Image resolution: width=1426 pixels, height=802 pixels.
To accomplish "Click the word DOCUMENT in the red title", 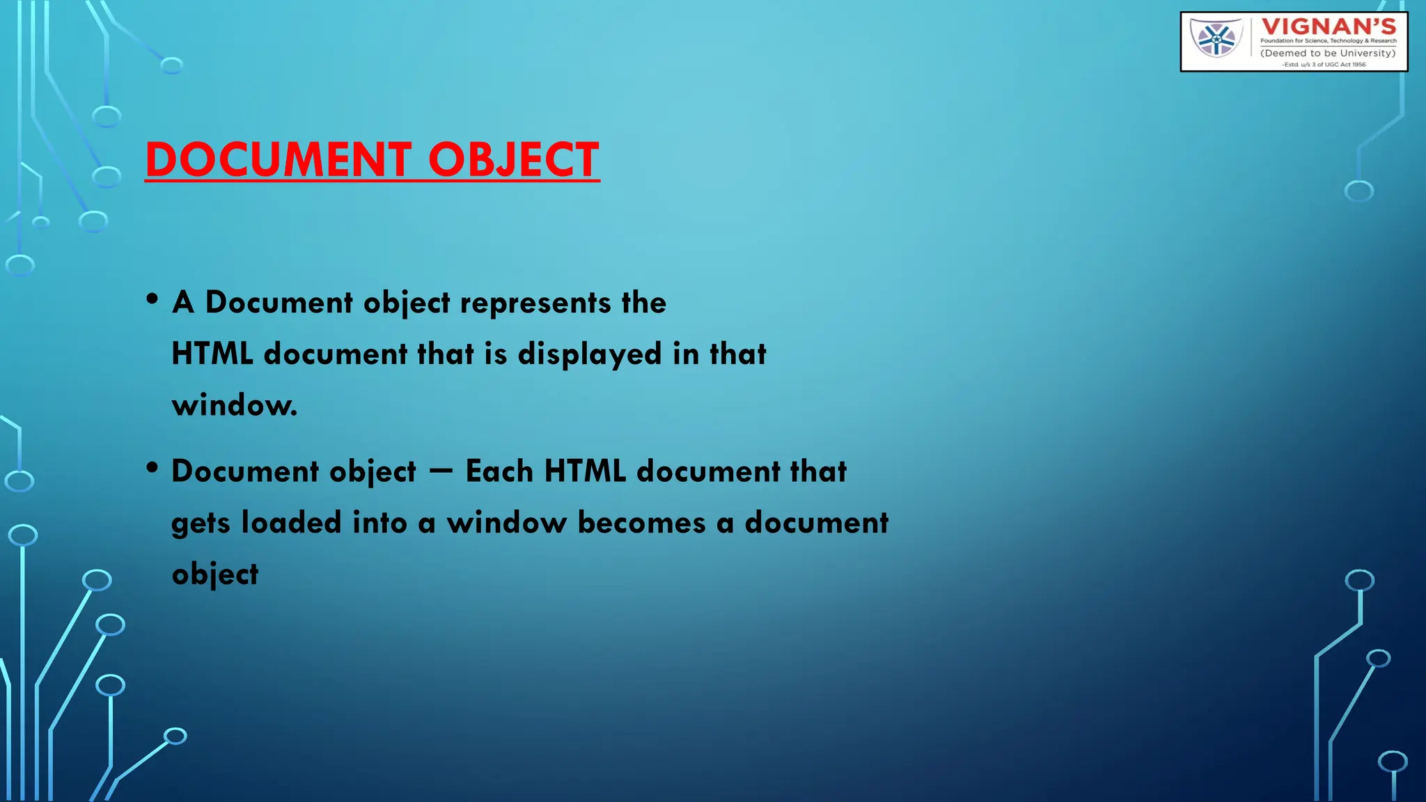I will click(278, 159).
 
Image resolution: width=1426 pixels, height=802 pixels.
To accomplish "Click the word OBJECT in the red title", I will click(513, 159).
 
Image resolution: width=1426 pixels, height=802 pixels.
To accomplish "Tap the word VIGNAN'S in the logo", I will click(1329, 27).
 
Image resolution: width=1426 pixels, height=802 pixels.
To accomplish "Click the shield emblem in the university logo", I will click(1216, 38).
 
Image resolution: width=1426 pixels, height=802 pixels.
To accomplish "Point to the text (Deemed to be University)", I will click(1328, 53).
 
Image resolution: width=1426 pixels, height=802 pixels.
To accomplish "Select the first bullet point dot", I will click(152, 299).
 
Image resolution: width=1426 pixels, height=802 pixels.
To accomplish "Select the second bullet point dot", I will click(152, 468).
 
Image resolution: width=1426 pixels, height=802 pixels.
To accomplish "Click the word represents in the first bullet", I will click(535, 303).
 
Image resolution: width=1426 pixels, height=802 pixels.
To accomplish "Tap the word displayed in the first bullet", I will click(589, 354).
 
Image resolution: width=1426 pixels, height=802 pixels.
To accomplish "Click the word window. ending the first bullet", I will click(235, 405).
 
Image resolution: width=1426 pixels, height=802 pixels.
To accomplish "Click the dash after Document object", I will click(441, 471).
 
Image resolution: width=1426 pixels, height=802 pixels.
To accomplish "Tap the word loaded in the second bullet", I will click(291, 523).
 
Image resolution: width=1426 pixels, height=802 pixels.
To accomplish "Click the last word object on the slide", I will click(214, 575).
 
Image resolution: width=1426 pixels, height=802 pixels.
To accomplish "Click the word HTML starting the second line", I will click(212, 354).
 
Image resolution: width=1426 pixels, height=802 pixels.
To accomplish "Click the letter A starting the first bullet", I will click(182, 303).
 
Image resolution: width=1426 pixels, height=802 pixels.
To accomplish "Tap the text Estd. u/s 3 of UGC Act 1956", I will click(1324, 65).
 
